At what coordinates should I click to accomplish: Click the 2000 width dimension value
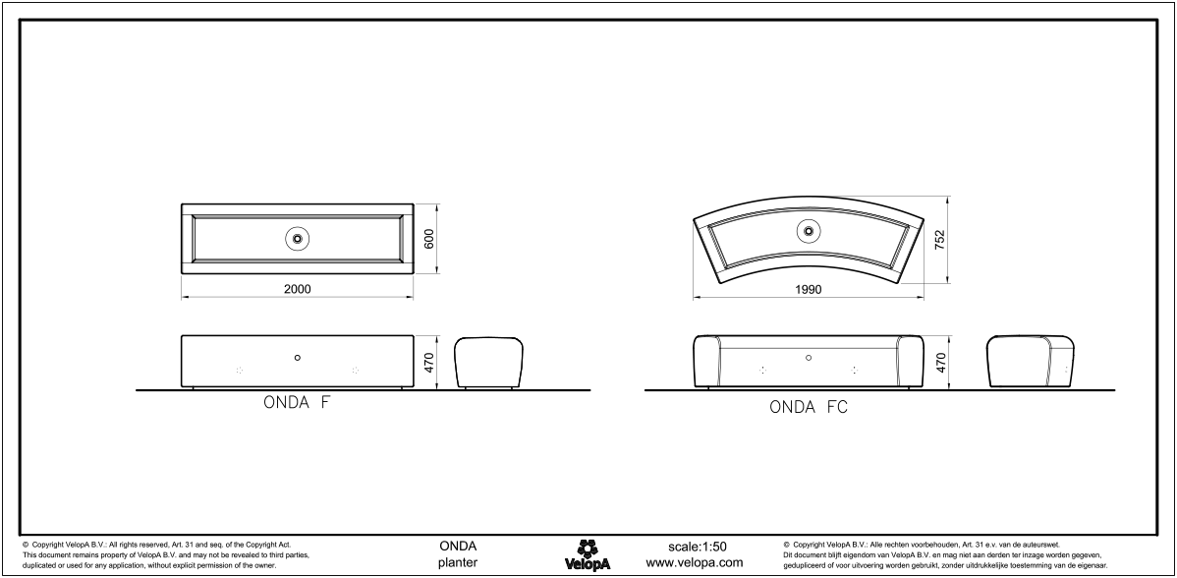tap(297, 289)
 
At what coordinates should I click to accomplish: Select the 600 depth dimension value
tap(428, 238)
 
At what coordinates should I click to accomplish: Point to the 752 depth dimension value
tap(940, 238)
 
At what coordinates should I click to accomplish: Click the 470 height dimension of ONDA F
tap(428, 363)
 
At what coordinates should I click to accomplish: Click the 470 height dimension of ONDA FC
tap(940, 363)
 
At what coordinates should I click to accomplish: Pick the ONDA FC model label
tap(809, 407)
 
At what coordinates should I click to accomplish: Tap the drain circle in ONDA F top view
tap(297, 238)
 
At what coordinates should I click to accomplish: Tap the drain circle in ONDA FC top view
tap(809, 230)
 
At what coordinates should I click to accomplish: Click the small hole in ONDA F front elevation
tap(297, 358)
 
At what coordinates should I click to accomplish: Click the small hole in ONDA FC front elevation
tap(809, 358)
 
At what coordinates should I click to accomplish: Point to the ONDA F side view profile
tap(488, 363)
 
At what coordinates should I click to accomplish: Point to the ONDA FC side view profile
tap(1030, 363)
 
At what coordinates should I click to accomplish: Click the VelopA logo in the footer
tap(588, 554)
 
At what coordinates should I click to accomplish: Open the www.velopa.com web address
tap(694, 563)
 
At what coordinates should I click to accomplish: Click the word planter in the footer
tap(458, 563)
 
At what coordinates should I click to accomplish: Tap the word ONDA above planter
tap(458, 547)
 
